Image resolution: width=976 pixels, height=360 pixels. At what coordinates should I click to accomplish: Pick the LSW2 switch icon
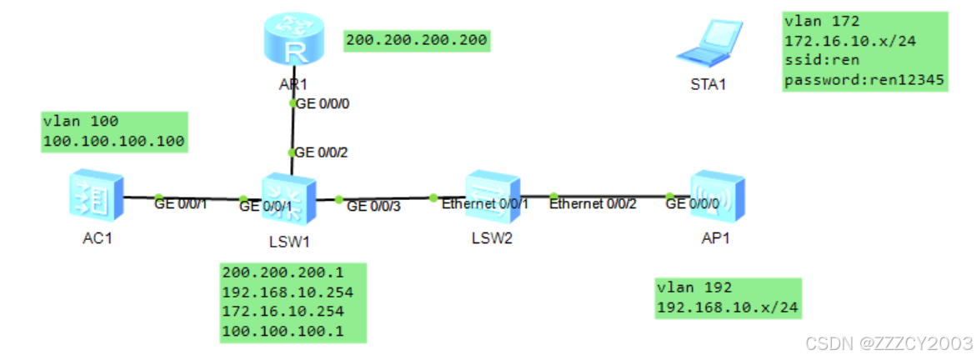(x=492, y=196)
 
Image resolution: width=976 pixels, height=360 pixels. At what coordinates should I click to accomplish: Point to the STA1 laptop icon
(x=708, y=43)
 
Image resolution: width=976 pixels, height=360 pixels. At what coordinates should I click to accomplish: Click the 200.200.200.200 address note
(x=416, y=39)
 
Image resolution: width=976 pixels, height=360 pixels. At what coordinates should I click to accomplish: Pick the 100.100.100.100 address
(x=113, y=142)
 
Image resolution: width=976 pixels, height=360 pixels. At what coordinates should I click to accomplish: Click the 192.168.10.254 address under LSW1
(x=288, y=292)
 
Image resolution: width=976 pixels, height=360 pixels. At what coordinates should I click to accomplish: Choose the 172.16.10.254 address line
(x=283, y=312)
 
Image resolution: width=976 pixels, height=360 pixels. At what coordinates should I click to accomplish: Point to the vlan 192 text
(x=694, y=287)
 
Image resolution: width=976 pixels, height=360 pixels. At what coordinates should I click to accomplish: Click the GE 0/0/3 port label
(x=373, y=206)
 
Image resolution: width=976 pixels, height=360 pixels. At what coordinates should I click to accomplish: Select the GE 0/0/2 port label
(x=322, y=152)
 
